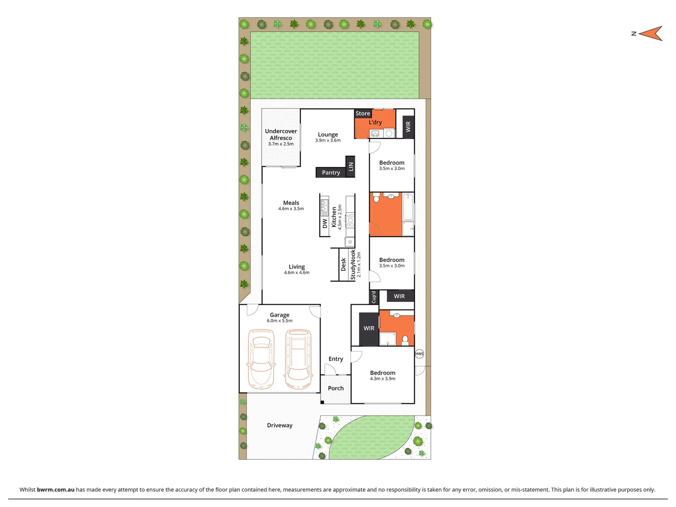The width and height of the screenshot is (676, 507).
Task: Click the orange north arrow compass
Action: [650, 33]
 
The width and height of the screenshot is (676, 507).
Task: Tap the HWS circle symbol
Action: [419, 353]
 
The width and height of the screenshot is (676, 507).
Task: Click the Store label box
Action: [363, 114]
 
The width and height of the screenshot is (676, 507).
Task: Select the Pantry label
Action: [331, 173]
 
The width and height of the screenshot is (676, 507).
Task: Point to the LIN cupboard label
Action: [350, 166]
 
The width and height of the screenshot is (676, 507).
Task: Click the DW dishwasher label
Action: [325, 224]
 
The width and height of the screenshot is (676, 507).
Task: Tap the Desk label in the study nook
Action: [344, 264]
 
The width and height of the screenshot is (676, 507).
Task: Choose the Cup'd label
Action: [374, 297]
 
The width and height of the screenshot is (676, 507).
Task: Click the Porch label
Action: [336, 388]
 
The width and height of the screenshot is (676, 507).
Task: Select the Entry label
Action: [336, 359]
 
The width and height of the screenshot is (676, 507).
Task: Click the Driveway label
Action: [280, 425]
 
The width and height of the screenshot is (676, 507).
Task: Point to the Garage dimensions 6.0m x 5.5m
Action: [280, 321]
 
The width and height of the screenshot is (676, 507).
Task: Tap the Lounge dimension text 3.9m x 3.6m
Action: [328, 140]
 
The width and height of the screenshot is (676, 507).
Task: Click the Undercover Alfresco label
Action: [281, 135]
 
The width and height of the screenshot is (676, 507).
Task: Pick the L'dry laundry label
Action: [375, 123]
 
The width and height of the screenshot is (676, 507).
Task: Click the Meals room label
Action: [291, 203]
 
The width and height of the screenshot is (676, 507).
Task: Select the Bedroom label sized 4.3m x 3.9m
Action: [383, 373]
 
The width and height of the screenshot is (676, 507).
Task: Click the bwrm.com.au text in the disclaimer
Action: [55, 490]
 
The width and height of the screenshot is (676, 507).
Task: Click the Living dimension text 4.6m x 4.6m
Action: [297, 273]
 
